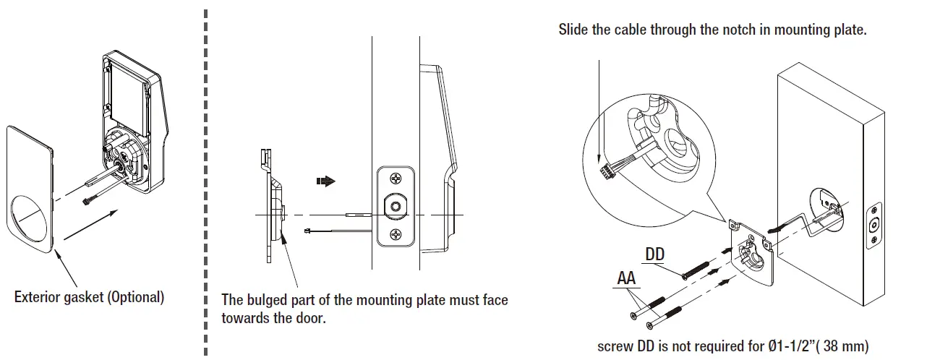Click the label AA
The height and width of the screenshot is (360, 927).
(x=627, y=278)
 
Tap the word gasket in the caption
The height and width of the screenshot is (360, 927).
(x=82, y=298)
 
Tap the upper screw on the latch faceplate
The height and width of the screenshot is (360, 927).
(x=395, y=179)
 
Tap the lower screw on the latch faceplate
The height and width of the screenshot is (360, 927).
(x=395, y=233)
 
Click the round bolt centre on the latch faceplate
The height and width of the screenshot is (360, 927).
(x=395, y=207)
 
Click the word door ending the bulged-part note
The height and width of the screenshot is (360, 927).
(x=313, y=318)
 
